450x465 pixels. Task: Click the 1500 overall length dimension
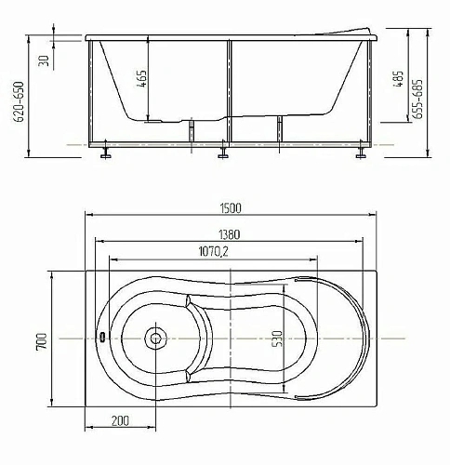point(231,208)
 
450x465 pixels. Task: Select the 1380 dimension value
point(230,234)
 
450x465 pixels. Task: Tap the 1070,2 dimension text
point(213,251)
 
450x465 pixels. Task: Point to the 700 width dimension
point(42,341)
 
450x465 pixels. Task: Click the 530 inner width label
point(278,339)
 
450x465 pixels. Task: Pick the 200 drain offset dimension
point(120,420)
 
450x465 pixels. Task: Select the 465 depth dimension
point(141,79)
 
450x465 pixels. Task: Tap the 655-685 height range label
point(418,99)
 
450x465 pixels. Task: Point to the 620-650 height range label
point(20,101)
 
